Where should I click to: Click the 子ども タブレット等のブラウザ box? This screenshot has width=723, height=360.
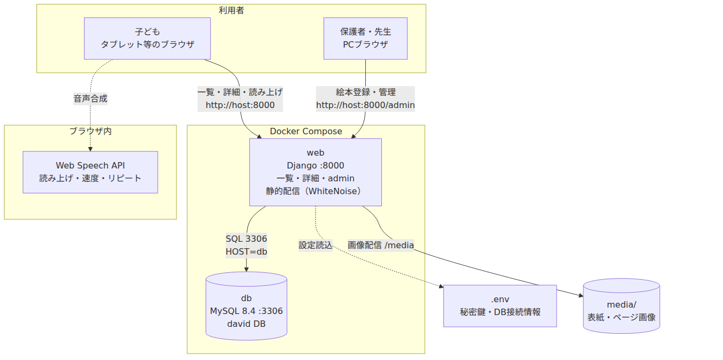(x=147, y=39)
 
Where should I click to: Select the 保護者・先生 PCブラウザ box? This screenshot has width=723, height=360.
(x=365, y=39)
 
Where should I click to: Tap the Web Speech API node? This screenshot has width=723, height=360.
(x=90, y=172)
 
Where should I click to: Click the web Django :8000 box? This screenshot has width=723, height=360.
(x=316, y=172)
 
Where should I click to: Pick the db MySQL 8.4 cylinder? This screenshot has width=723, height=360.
(x=247, y=306)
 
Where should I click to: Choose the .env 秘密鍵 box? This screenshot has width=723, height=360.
(x=500, y=306)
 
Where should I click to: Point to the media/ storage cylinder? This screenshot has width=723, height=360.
(x=621, y=306)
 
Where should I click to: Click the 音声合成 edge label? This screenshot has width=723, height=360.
(x=90, y=98)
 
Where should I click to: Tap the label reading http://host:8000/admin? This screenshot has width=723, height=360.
(x=365, y=105)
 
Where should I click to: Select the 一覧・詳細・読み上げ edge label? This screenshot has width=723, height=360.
(x=240, y=93)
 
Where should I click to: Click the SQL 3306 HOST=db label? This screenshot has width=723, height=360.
(x=247, y=245)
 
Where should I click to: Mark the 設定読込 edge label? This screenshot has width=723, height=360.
(x=316, y=245)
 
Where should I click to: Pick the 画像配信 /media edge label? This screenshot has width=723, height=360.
(x=381, y=245)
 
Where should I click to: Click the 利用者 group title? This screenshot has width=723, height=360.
(x=232, y=10)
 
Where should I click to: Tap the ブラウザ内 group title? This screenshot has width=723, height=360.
(x=90, y=131)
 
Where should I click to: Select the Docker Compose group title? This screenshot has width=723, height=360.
(x=306, y=131)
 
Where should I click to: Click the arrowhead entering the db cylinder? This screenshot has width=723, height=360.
(x=247, y=270)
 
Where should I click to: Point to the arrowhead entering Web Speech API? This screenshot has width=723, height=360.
(x=90, y=149)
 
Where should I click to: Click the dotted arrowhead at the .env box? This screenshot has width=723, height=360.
(x=441, y=286)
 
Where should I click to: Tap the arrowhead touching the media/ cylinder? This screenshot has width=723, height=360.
(x=581, y=295)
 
